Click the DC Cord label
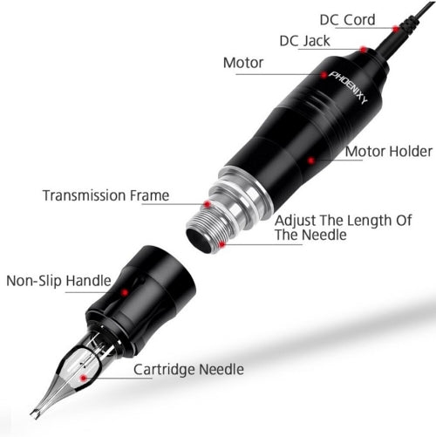click(347, 20)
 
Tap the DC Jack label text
click(304, 41)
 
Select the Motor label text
click(243, 63)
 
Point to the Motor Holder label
click(389, 152)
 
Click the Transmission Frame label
click(106, 195)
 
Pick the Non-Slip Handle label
click(58, 281)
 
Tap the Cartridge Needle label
click(188, 370)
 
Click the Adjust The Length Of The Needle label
click(344, 228)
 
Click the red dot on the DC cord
click(396, 29)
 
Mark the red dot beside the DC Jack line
click(364, 50)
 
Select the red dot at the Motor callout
click(324, 75)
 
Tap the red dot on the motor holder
click(311, 160)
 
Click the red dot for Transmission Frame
click(207, 204)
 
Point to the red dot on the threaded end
click(221, 244)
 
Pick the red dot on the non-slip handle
click(125, 292)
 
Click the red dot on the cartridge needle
click(84, 378)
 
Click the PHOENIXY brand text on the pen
click(349, 87)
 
